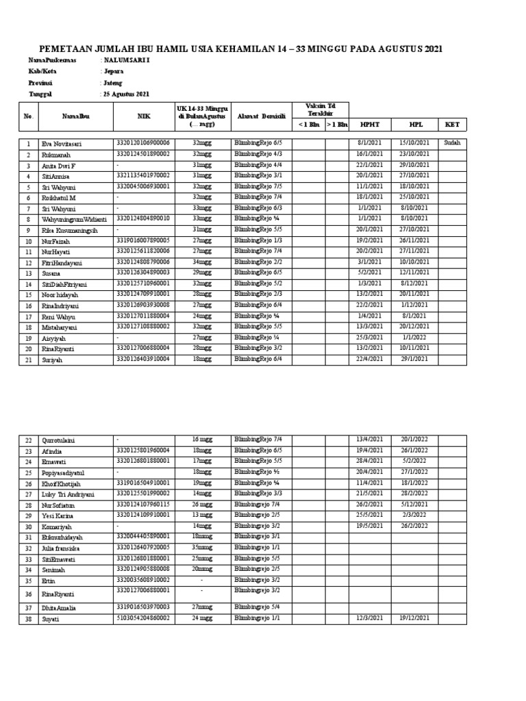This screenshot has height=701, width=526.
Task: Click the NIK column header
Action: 144,116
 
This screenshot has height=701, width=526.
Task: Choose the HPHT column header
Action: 369,125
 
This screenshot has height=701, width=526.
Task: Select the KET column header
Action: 452,125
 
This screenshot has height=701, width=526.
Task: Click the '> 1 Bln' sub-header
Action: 336,125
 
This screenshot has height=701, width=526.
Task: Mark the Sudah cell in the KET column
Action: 452,142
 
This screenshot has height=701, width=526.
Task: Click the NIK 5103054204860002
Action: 144,617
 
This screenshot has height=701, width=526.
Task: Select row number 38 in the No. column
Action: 28,618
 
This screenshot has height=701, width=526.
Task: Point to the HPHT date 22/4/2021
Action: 369,359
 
